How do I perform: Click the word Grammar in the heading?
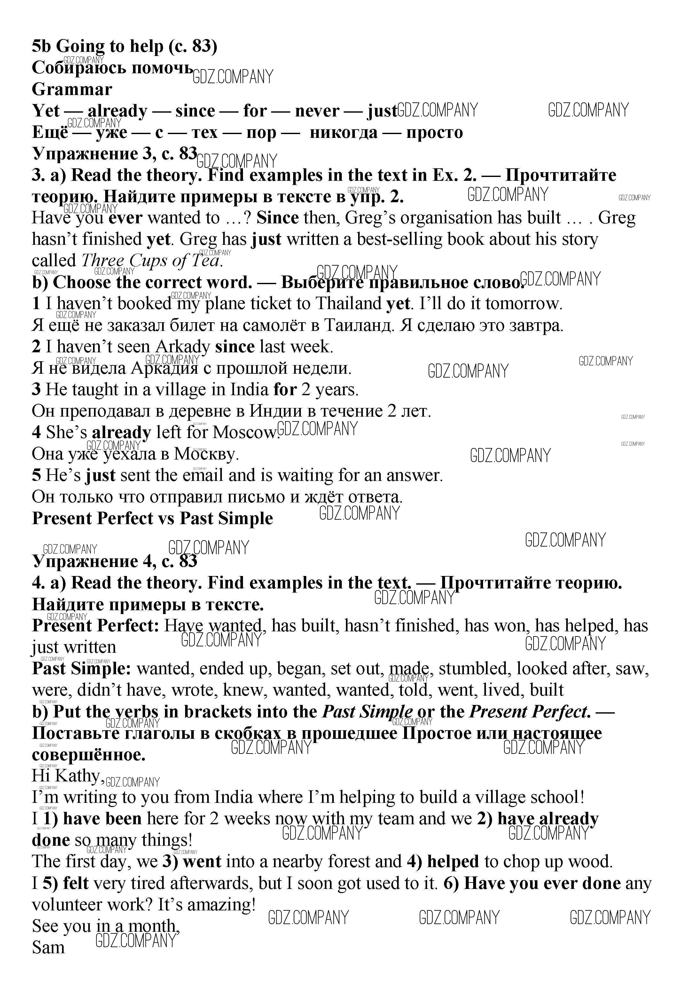[x=72, y=89]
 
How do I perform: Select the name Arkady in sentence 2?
[x=183, y=347]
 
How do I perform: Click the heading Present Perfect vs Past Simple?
[x=152, y=518]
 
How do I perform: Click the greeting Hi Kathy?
[x=67, y=776]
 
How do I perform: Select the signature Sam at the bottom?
[x=48, y=948]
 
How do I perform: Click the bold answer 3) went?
[x=192, y=861]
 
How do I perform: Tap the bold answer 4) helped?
[x=443, y=861]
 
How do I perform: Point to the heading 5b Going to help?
[x=124, y=46]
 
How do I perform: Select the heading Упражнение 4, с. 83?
[x=115, y=561]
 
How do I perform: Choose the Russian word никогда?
[x=343, y=132]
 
